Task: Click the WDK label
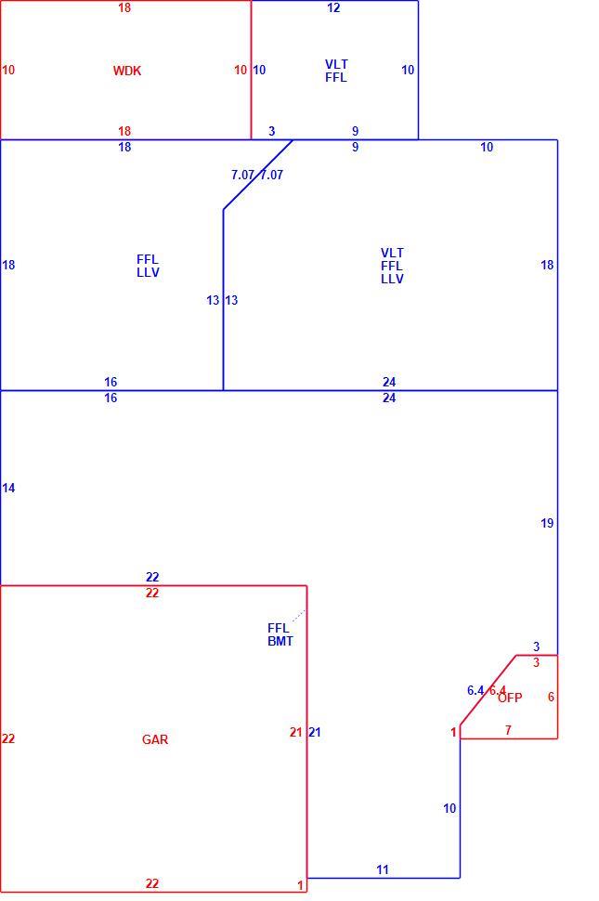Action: tap(127, 71)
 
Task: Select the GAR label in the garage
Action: tap(155, 739)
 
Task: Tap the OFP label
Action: tap(510, 698)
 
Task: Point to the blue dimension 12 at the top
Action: tap(333, 8)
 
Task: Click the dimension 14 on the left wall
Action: tap(8, 488)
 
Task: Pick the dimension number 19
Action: tap(547, 523)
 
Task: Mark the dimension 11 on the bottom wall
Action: tap(383, 869)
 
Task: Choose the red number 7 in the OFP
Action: tap(508, 730)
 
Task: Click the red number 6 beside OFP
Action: tap(551, 697)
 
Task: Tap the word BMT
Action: tap(280, 641)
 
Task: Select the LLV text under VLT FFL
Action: tap(392, 279)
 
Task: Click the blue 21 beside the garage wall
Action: tap(315, 732)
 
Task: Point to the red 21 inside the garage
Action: tap(295, 732)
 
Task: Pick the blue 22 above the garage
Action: tap(152, 577)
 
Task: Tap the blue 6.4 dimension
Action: tap(475, 690)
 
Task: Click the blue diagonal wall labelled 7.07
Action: tap(258, 175)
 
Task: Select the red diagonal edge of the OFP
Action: tap(488, 690)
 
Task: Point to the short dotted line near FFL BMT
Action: tap(299, 616)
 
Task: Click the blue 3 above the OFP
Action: tap(537, 646)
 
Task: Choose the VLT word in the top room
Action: tap(336, 64)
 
